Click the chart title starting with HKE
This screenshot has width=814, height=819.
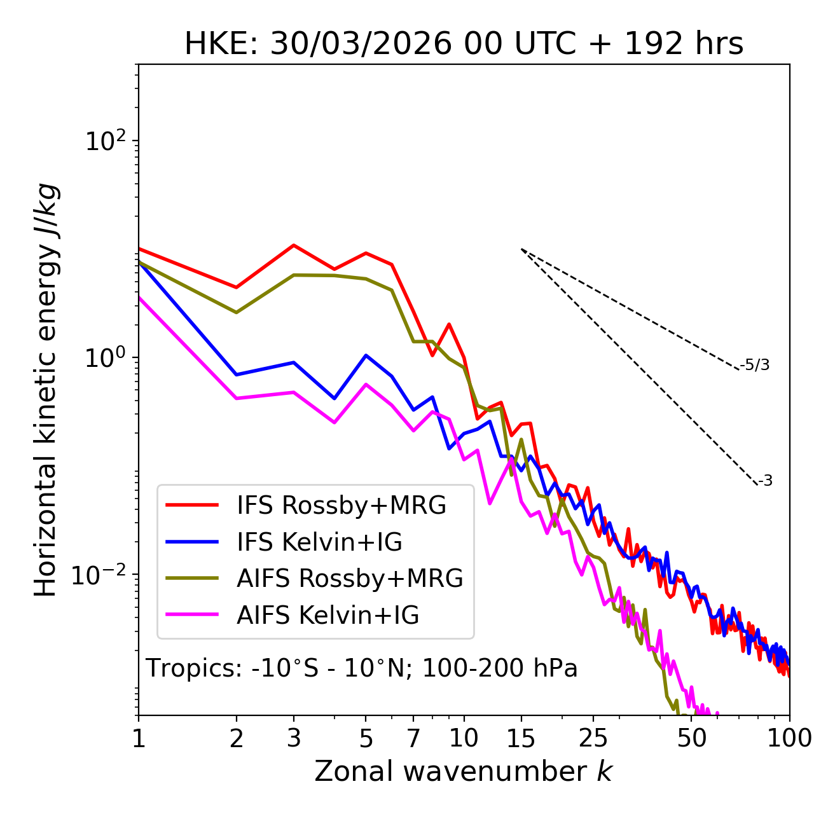464,45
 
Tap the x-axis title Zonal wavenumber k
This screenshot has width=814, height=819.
464,771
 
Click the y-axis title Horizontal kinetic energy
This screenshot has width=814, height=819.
46,390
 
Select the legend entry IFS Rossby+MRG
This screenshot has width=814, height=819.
341,506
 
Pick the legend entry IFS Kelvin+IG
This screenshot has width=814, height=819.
319,542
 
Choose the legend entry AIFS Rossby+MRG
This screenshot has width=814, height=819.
350,579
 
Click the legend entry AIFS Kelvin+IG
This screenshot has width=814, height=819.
328,616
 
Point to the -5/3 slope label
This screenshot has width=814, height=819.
755,365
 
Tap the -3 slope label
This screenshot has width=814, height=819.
765,481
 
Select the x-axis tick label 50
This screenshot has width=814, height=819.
692,738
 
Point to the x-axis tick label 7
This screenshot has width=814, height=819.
414,738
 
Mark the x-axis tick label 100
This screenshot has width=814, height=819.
789,738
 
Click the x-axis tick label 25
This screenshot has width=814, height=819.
593,738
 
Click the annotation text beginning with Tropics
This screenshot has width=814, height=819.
362,668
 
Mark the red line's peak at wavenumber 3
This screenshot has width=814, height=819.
294,245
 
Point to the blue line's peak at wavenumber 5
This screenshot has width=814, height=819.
366,355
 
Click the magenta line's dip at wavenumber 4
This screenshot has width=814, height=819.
335,422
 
